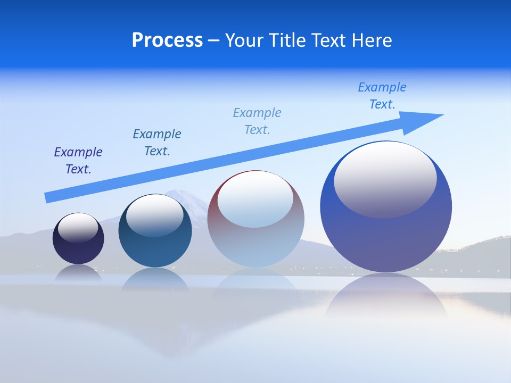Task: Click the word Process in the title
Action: click(167, 40)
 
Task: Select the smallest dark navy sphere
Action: click(78, 250)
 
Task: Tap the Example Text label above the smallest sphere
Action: click(78, 161)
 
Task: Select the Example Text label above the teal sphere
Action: click(157, 143)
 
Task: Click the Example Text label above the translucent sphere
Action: click(257, 121)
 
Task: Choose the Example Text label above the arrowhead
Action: click(382, 96)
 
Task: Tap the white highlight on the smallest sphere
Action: click(78, 228)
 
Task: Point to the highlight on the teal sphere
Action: click(155, 215)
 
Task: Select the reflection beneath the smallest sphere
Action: click(78, 272)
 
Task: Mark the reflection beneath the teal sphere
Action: click(155, 279)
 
